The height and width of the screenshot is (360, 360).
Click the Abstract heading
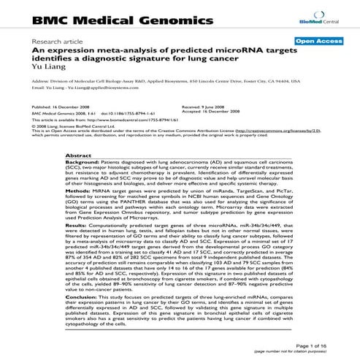point(77,156)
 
